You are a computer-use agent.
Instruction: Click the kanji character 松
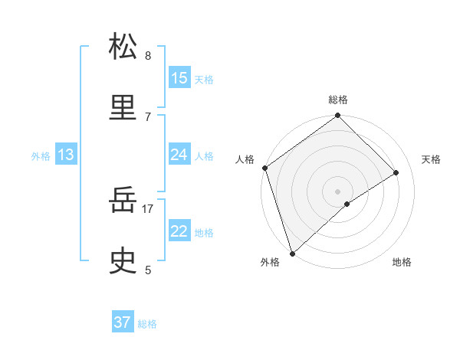pyautogui.click(x=123, y=47)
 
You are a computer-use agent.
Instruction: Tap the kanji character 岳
pyautogui.click(x=123, y=202)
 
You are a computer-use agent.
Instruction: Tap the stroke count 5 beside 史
pyautogui.click(x=148, y=270)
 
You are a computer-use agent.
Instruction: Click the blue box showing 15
pyautogui.click(x=179, y=78)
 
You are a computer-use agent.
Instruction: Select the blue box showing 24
pyautogui.click(x=179, y=155)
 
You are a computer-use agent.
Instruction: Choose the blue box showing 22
pyautogui.click(x=179, y=231)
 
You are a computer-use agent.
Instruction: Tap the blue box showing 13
pyautogui.click(x=66, y=155)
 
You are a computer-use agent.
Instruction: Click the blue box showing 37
pyautogui.click(x=123, y=322)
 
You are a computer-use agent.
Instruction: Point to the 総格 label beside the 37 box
pyautogui.click(x=147, y=324)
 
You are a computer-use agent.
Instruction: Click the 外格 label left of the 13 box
pyautogui.click(x=41, y=156)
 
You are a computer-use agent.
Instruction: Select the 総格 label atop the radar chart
pyautogui.click(x=338, y=100)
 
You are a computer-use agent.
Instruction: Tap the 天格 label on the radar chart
pyautogui.click(x=432, y=159)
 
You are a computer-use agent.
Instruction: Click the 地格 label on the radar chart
pyautogui.click(x=402, y=262)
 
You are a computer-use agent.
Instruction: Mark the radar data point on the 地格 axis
pyautogui.click(x=347, y=204)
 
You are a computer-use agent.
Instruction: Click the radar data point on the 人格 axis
pyautogui.click(x=264, y=168)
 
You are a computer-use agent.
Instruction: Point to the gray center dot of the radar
pyautogui.click(x=337, y=191)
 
